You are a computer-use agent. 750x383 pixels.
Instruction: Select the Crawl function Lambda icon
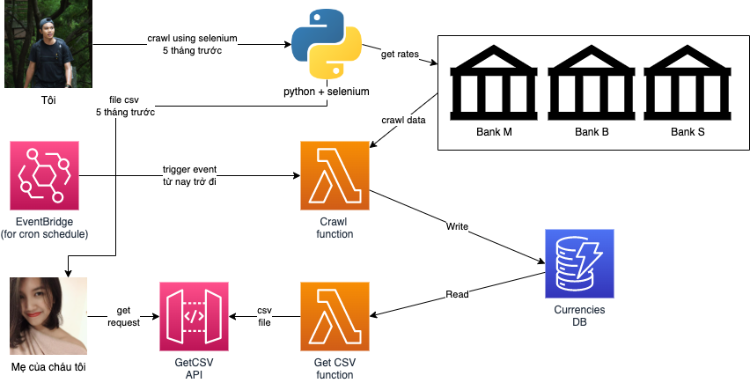point(335,175)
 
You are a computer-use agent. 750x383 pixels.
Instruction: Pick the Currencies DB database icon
point(579,263)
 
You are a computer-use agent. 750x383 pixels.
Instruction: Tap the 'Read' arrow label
point(457,294)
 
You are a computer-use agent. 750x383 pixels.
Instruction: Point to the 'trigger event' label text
point(189,169)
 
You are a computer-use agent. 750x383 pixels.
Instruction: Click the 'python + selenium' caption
point(326,92)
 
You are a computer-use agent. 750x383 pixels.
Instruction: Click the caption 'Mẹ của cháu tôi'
point(48,365)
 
